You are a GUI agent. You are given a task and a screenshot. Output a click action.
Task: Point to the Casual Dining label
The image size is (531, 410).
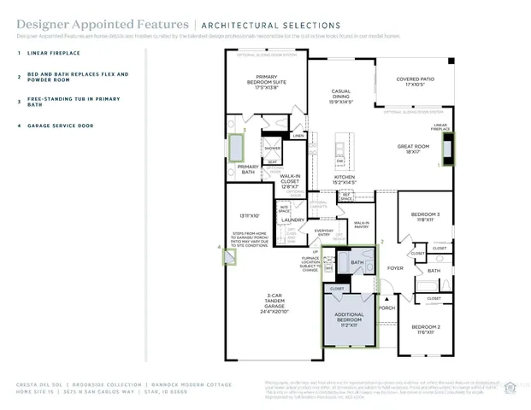pyautogui.click(x=347, y=96)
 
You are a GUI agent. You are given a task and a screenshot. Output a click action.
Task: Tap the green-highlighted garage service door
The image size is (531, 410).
pyautogui.click(x=228, y=255)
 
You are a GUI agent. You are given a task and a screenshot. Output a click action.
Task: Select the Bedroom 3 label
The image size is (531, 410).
pyautogui.click(x=425, y=217)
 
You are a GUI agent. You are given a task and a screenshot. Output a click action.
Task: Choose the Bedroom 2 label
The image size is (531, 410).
pyautogui.click(x=425, y=329)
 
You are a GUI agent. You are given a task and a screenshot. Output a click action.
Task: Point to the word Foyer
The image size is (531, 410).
pyautogui.click(x=395, y=267)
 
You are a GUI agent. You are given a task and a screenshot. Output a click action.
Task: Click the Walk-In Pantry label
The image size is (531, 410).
pyautogui.click(x=361, y=225)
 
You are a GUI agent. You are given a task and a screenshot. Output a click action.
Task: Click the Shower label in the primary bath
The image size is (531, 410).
pyautogui.click(x=272, y=148)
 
